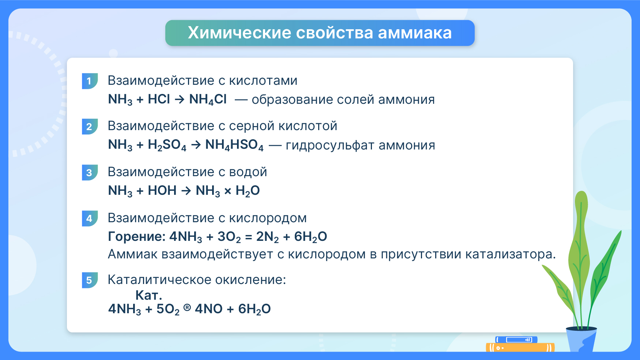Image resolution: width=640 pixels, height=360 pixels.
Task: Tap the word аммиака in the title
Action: [x=415, y=33]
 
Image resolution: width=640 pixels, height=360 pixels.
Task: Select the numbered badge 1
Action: [x=90, y=81]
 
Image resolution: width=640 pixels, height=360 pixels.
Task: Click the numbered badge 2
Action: [x=90, y=126]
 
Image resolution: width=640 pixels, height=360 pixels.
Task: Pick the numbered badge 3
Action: [x=90, y=173]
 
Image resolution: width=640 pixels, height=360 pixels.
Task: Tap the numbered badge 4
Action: [x=90, y=219]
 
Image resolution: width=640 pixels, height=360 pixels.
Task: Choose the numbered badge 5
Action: [x=90, y=280]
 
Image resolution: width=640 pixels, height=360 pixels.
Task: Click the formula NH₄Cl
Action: [x=208, y=99]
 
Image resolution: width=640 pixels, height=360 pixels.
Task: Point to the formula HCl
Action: [x=159, y=99]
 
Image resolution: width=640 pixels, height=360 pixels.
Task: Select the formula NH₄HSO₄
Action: [x=234, y=145]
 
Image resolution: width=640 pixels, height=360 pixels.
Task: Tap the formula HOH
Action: [x=162, y=190]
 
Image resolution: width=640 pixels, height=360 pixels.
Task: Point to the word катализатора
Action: [x=511, y=254]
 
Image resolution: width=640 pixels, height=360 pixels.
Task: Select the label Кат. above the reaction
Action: [x=148, y=295]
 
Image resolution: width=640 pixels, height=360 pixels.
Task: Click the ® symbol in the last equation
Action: [x=187, y=308]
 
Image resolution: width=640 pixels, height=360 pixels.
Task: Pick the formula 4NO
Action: [x=208, y=309]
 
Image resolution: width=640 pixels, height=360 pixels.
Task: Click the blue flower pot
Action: [x=581, y=339]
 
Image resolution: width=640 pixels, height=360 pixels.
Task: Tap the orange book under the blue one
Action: [x=520, y=347]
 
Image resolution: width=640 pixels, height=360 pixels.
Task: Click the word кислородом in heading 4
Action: [x=268, y=218]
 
